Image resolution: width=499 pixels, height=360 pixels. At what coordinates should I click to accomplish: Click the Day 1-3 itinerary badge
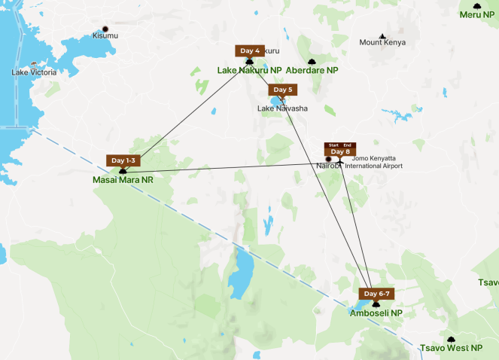(123, 160)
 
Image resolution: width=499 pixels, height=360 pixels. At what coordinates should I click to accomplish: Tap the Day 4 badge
(250, 51)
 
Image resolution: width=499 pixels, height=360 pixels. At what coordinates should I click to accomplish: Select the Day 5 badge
(282, 90)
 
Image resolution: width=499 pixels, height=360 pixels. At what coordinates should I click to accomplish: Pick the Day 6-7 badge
(377, 294)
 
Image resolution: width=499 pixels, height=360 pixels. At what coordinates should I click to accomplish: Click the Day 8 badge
(340, 150)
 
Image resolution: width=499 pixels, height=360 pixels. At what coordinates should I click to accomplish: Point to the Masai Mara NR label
(123, 181)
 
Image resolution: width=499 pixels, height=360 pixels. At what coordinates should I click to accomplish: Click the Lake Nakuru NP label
(249, 71)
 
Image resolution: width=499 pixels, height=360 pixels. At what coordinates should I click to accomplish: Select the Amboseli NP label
(376, 313)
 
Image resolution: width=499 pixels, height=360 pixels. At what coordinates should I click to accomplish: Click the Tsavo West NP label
(451, 348)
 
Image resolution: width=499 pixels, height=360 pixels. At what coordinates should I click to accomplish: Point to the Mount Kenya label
(383, 43)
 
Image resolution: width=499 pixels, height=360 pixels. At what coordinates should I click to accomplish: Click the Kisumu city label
(105, 35)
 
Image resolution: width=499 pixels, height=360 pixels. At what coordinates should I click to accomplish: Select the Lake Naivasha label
(282, 108)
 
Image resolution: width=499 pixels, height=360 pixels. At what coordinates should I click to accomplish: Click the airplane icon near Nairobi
(340, 160)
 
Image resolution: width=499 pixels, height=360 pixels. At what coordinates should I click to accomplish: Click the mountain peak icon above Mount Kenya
(383, 35)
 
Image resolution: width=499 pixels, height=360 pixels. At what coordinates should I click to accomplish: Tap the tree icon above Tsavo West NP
(451, 340)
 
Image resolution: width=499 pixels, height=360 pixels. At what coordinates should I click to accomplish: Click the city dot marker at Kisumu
(105, 29)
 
